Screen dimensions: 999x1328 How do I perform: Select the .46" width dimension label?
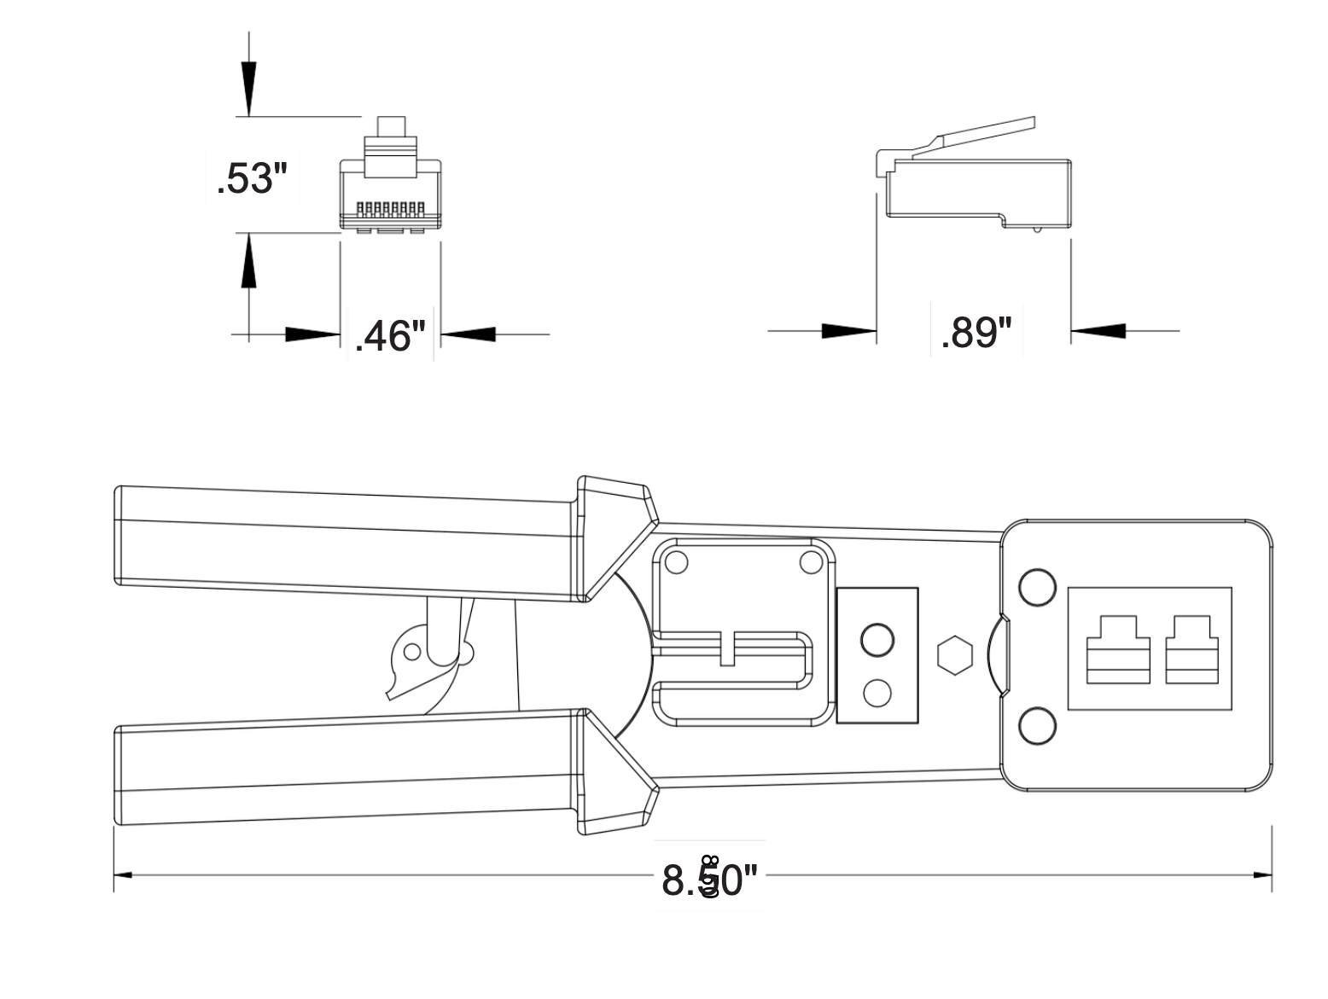pyautogui.click(x=389, y=335)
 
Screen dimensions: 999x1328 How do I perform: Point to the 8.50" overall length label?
pyautogui.click(x=709, y=880)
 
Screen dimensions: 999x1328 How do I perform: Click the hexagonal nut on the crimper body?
pyautogui.click(x=954, y=655)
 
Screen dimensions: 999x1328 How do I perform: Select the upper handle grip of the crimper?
pyautogui.click(x=341, y=542)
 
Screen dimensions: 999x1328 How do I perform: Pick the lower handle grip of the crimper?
pyautogui.click(x=341, y=773)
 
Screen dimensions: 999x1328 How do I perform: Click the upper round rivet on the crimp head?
pyautogui.click(x=1037, y=587)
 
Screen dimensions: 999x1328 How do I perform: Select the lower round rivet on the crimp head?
pyautogui.click(x=1037, y=725)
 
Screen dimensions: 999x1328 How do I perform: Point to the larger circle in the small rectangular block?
pyautogui.click(x=877, y=639)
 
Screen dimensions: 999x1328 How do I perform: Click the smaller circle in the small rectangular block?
pyautogui.click(x=877, y=693)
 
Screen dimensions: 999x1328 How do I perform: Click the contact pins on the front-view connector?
pyautogui.click(x=390, y=208)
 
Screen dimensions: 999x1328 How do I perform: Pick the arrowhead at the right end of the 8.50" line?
pyautogui.click(x=1261, y=875)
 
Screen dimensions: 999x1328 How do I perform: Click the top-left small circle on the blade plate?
pyautogui.click(x=676, y=562)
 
